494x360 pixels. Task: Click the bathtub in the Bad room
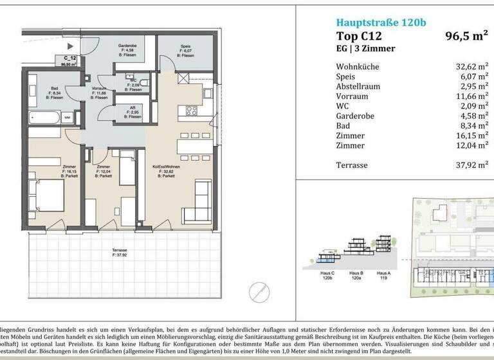click(44, 118)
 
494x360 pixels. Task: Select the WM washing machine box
click(67, 118)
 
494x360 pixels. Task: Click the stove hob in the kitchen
click(191, 111)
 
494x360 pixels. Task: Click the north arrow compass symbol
click(260, 291)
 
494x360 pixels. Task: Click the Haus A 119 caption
click(383, 274)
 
